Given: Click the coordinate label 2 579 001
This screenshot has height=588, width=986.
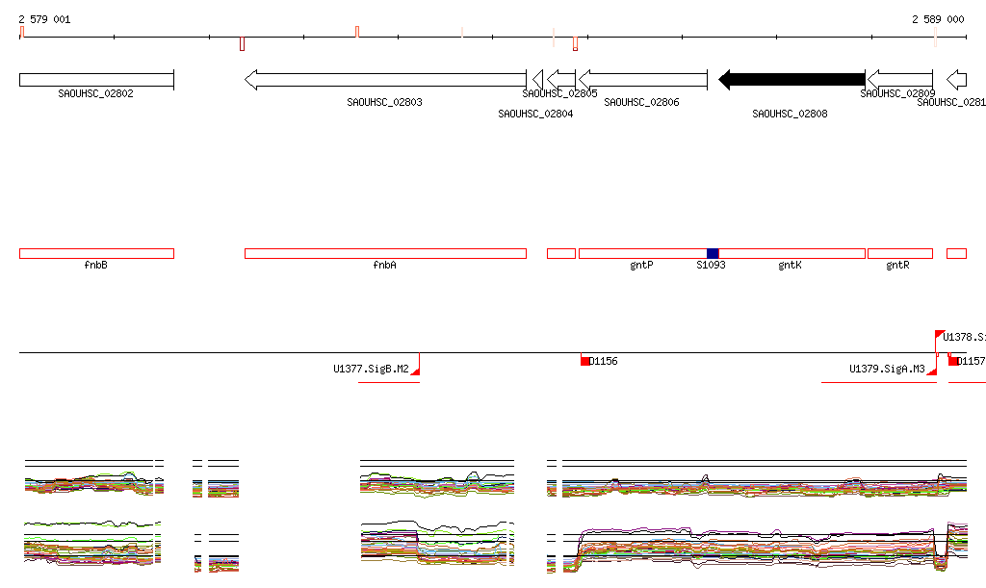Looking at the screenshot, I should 44,19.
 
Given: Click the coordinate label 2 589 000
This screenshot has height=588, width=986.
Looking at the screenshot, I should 938,19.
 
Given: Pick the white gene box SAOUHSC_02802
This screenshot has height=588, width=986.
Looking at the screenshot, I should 96,80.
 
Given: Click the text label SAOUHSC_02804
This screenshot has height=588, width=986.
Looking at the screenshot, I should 535,114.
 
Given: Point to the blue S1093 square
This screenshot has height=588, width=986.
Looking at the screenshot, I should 713,253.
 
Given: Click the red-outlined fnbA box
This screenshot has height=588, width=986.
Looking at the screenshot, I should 385,253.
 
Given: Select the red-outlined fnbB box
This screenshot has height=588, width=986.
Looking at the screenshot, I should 96,253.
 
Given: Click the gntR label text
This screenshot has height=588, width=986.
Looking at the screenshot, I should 897,265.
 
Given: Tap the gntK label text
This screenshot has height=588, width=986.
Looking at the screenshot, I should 790,265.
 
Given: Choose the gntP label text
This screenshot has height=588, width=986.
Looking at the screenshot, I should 641,265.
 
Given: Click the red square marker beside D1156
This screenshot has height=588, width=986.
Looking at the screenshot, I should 584,361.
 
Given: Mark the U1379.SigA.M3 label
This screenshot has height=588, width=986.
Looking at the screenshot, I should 887,369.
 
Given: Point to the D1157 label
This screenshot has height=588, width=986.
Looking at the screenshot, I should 972,361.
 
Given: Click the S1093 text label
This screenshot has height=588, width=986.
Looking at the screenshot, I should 711,265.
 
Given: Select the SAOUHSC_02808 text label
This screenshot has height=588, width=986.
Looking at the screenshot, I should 790,114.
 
